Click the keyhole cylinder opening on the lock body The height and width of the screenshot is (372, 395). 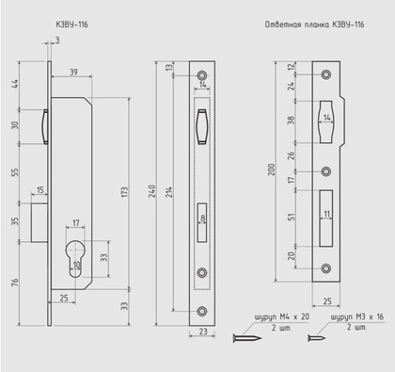pos(75,259)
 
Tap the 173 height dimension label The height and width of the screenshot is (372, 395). pos(125,192)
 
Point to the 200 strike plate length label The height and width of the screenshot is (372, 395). pos(271,170)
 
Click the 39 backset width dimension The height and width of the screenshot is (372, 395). pos(73,73)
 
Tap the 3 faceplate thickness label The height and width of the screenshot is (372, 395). pos(57,40)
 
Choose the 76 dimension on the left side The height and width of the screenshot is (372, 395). pos(15,283)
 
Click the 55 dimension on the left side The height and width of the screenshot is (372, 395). pos(15,172)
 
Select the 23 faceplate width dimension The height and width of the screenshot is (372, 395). pos(203,332)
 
